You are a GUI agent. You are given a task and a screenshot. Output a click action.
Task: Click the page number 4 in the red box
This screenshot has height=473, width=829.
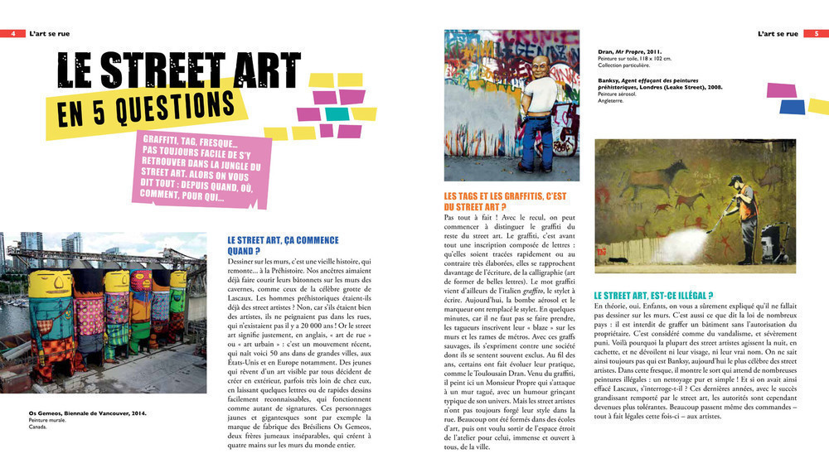coord(13,34)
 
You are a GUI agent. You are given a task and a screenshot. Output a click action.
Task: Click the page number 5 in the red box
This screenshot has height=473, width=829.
coord(816,34)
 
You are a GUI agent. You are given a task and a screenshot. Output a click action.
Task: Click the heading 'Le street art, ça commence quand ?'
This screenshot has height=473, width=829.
coord(283,245)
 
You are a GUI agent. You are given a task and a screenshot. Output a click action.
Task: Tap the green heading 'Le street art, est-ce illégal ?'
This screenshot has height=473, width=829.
coord(653,295)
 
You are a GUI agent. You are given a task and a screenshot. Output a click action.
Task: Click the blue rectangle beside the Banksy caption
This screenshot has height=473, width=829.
coord(792,107)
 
